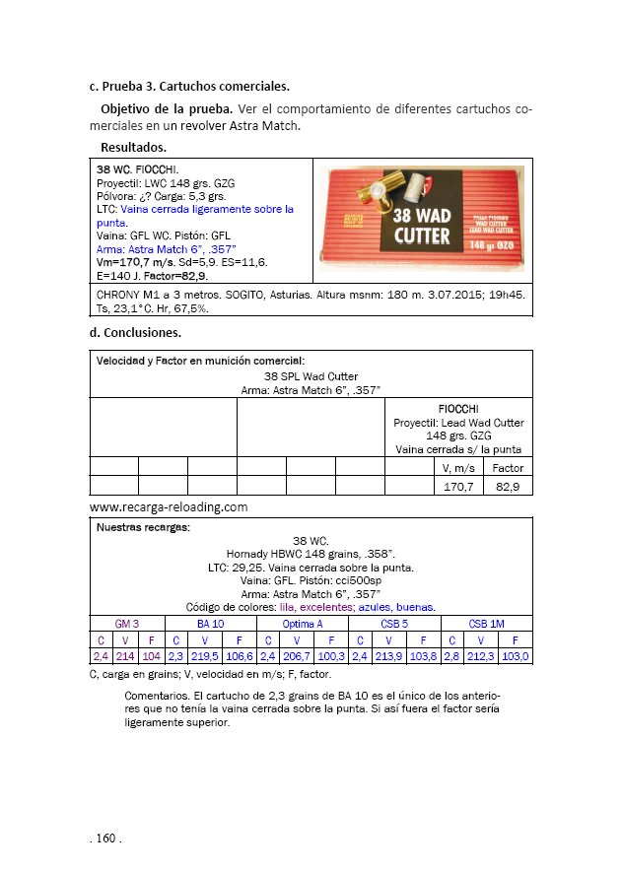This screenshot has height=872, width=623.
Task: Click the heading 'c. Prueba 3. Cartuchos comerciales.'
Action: click(189, 87)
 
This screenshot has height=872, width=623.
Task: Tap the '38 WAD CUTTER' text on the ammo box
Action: click(422, 225)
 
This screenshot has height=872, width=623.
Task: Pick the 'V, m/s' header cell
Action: click(458, 468)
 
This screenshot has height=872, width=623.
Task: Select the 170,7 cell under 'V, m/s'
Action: click(458, 486)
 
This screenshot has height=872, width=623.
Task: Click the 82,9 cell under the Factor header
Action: click(508, 486)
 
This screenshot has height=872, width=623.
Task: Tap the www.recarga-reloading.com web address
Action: click(168, 507)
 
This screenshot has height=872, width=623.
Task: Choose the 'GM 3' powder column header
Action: click(127, 625)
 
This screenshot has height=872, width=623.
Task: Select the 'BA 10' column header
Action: click(210, 625)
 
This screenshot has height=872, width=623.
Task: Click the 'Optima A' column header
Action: click(302, 625)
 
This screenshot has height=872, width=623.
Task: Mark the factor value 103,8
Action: click(422, 656)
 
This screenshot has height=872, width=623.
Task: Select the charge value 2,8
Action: click(451, 656)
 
